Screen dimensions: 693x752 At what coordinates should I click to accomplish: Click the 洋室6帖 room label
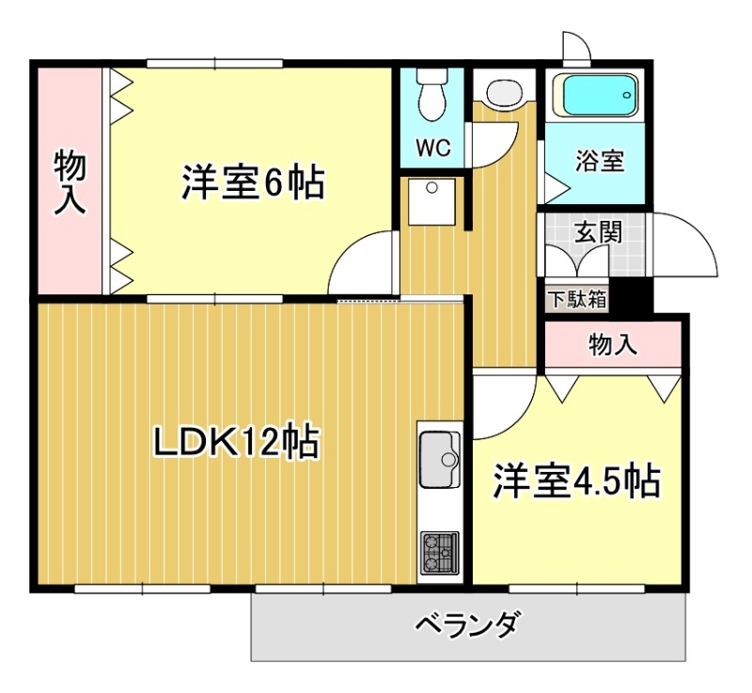(253, 182)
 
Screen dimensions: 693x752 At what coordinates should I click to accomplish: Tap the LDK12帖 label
(236, 441)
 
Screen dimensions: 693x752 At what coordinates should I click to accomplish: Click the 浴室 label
(599, 160)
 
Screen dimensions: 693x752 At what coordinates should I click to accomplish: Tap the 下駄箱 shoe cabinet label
(577, 300)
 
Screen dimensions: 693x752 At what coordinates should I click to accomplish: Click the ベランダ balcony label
(467, 624)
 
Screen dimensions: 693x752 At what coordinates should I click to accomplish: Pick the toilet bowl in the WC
(432, 97)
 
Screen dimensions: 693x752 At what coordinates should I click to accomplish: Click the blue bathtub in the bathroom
(598, 95)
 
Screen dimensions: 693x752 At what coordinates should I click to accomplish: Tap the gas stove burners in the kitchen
(438, 552)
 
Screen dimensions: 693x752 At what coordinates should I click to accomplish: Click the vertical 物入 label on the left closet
(70, 181)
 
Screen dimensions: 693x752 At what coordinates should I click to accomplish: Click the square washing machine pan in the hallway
(431, 199)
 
